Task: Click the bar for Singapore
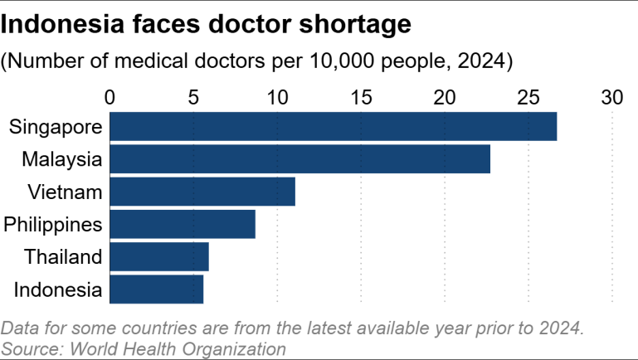pos(333,126)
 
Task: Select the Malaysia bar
pos(300,158)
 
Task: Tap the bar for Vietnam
pos(202,192)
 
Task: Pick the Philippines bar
pos(182,224)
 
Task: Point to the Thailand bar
pos(158,256)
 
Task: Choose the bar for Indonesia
pos(156,289)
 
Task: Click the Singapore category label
pos(56,127)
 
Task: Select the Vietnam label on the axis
pos(65,192)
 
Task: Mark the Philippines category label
pos(53,224)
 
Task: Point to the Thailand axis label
pos(63,256)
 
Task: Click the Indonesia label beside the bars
pos(58,289)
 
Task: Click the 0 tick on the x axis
pos(110,97)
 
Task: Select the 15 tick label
pos(361,97)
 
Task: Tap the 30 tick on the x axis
pos(612,97)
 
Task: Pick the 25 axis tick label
pos(528,97)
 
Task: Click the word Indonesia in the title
pos(60,25)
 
